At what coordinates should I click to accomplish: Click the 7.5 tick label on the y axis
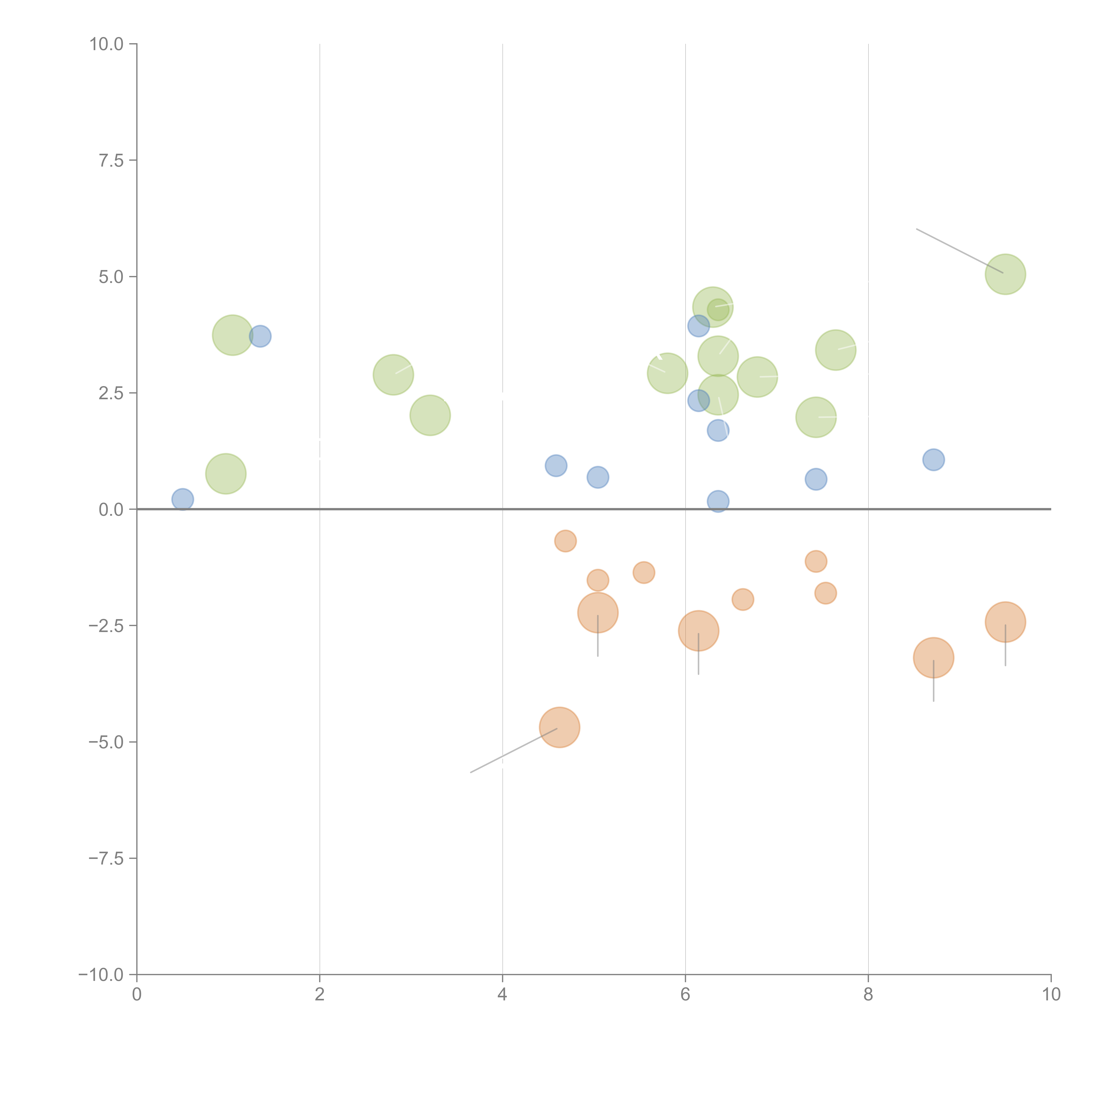click(x=111, y=160)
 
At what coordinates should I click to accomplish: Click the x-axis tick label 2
click(x=320, y=995)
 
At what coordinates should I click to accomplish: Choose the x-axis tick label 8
click(x=868, y=995)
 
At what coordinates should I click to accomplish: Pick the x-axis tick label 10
click(x=1051, y=995)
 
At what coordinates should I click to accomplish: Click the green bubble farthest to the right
click(x=1005, y=274)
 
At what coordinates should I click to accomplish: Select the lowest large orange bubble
click(x=559, y=727)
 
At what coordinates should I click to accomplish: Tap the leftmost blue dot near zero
click(x=182, y=499)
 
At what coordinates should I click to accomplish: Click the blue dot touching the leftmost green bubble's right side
click(x=260, y=336)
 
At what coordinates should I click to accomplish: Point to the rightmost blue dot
click(x=933, y=460)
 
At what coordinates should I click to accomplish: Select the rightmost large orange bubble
click(x=1005, y=622)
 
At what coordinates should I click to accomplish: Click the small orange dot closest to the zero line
click(x=565, y=541)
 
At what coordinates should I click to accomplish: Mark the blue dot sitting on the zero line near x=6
click(x=717, y=501)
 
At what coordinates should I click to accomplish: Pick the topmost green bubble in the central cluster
click(x=713, y=307)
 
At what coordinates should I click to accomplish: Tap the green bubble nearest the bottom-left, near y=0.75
click(x=226, y=474)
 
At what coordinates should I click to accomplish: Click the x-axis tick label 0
click(x=137, y=995)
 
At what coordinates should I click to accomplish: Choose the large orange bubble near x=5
click(x=597, y=612)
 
